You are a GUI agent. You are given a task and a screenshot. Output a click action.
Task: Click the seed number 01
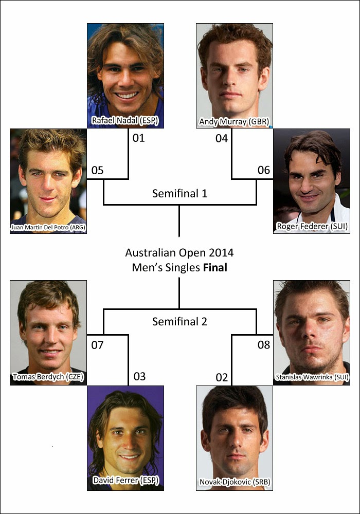(x=139, y=138)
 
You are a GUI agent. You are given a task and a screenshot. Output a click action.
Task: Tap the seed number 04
(x=222, y=138)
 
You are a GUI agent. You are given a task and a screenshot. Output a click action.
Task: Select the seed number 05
(x=97, y=171)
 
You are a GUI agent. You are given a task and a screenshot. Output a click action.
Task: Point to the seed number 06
(x=264, y=170)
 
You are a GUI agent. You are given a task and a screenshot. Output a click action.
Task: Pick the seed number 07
(x=97, y=345)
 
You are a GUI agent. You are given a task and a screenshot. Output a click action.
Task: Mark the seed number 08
(x=264, y=344)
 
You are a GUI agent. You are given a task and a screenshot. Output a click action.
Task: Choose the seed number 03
(x=140, y=376)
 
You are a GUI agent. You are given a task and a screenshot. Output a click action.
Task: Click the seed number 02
(x=222, y=377)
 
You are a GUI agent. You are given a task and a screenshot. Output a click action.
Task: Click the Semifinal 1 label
(x=179, y=193)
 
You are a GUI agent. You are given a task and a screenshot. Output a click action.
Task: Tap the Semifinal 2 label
(x=179, y=322)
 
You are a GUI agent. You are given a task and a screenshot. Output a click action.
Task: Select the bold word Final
(x=215, y=267)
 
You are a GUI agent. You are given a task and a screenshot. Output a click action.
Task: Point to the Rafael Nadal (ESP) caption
(x=125, y=121)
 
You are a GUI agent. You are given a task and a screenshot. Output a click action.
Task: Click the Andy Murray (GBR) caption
(x=234, y=122)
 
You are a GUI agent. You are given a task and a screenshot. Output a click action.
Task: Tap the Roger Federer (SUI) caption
(x=312, y=226)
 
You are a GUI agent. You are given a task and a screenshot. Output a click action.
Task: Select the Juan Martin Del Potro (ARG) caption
(x=48, y=227)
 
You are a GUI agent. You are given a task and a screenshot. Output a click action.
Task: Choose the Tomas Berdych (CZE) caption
(x=48, y=377)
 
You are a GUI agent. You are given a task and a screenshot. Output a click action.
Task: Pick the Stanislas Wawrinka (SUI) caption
(x=312, y=377)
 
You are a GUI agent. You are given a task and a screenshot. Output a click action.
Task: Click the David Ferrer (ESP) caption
(x=126, y=480)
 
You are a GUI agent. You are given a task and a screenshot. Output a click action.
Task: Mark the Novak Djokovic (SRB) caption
(x=235, y=482)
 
